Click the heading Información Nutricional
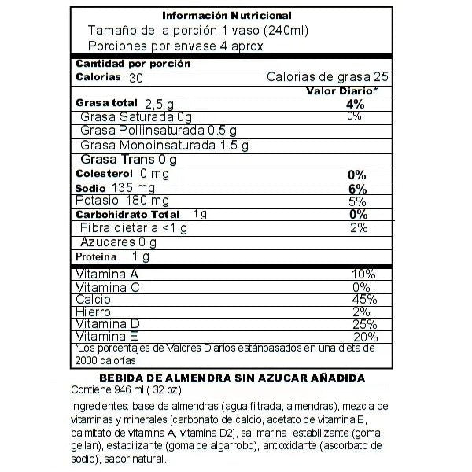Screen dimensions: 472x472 [x=227, y=16]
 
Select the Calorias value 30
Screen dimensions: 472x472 [x=136, y=78]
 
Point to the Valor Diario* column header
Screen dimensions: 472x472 [x=342, y=91]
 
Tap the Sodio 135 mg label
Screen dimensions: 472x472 [x=115, y=189]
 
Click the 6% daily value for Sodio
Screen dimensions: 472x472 [x=356, y=189]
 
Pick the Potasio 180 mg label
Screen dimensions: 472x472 [x=118, y=201]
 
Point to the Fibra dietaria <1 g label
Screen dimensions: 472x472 [x=134, y=228]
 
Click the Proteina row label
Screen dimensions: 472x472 [x=96, y=256]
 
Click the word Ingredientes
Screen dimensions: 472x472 [x=98, y=406]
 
